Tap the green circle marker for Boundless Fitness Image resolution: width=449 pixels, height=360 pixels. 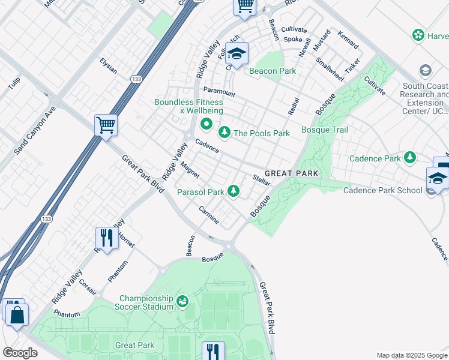point(206,125)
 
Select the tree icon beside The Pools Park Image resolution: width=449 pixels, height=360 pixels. point(224,131)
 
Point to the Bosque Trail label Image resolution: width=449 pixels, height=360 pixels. point(324,130)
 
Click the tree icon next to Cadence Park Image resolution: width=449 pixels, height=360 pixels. point(410,157)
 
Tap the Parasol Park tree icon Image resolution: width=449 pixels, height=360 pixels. point(234,191)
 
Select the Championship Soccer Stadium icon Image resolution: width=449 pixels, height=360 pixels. point(182,301)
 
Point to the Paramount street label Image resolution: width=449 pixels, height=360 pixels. point(219,92)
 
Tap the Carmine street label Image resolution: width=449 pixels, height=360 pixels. point(209,215)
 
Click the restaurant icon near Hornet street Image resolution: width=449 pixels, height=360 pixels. point(106,238)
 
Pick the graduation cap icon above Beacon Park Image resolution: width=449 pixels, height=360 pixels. point(237,53)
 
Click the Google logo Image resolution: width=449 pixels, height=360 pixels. point(20,352)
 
